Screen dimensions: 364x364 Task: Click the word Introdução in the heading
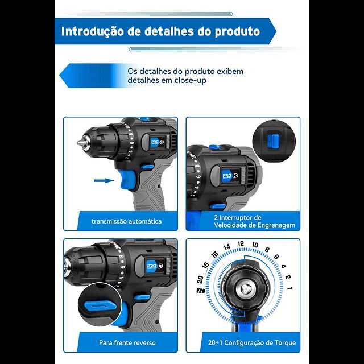coord(93,31)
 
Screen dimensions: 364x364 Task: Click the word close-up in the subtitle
coord(190,80)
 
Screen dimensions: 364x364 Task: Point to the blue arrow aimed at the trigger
coord(104,180)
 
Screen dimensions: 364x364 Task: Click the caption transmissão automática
coord(126,221)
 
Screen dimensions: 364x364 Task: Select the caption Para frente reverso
coord(127,342)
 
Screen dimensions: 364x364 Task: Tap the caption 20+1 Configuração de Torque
coord(252,342)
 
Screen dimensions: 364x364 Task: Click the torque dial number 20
coord(200,279)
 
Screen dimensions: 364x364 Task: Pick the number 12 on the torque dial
coord(241,244)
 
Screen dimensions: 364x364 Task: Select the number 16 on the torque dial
coord(215,254)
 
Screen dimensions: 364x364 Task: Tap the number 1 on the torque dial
coord(289,288)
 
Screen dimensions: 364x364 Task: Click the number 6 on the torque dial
coord(276,257)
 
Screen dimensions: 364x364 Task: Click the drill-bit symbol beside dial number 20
coord(201,291)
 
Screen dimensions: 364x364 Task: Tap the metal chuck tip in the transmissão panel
coord(80,143)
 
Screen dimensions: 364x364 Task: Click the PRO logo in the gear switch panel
coord(227,176)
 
